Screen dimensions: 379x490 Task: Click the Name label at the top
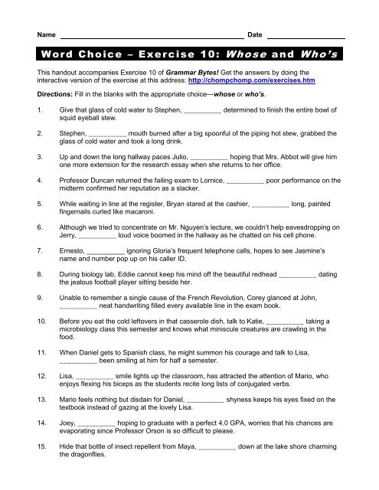pos(46,35)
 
